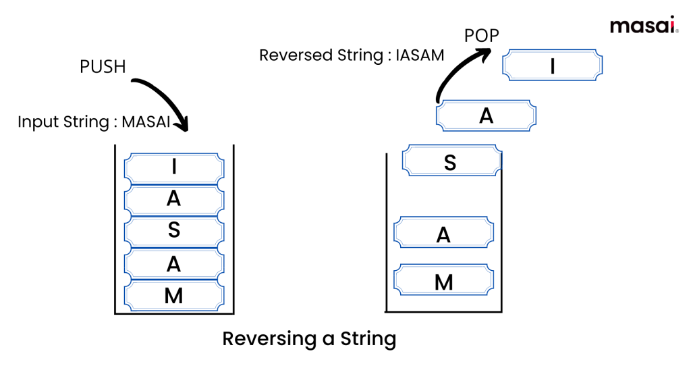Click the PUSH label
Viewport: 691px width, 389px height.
[103, 68]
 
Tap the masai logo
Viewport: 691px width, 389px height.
[643, 26]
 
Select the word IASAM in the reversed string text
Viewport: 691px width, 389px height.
[420, 55]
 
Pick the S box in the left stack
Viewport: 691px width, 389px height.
[174, 230]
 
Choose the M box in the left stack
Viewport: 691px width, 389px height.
[174, 295]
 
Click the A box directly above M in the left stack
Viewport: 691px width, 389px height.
[174, 263]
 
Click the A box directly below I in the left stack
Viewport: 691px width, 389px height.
[174, 199]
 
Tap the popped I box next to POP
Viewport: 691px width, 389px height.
[553, 66]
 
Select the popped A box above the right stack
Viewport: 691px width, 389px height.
[486, 115]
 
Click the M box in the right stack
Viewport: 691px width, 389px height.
[443, 281]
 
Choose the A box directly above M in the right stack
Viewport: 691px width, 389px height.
[443, 234]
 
